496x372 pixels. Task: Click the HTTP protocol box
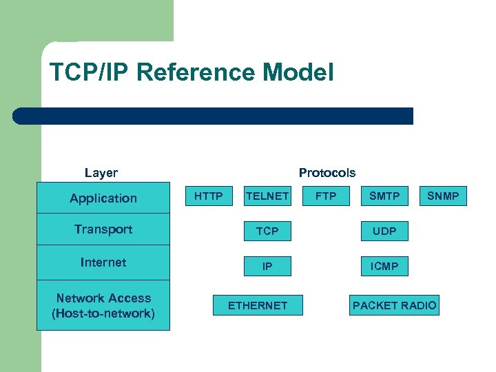pyautogui.click(x=208, y=196)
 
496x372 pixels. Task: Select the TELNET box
pyautogui.click(x=267, y=196)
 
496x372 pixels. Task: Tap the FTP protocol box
pyautogui.click(x=326, y=196)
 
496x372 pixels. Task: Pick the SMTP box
pyautogui.click(x=384, y=196)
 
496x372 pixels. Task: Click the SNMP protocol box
pyautogui.click(x=443, y=196)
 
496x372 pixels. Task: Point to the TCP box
pyautogui.click(x=267, y=231)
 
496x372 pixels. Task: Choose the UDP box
pyautogui.click(x=384, y=231)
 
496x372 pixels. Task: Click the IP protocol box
pyautogui.click(x=267, y=266)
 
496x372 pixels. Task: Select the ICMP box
pyautogui.click(x=384, y=266)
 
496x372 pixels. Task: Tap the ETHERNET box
pyautogui.click(x=258, y=305)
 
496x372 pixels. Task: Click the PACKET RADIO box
pyautogui.click(x=394, y=305)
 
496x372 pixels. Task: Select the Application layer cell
pyautogui.click(x=103, y=198)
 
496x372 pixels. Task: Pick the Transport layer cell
pyautogui.click(x=103, y=229)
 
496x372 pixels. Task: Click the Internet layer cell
pyautogui.click(x=103, y=262)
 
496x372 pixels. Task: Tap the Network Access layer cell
pyautogui.click(x=103, y=306)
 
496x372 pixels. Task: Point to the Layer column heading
pyautogui.click(x=101, y=173)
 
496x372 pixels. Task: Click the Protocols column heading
pyautogui.click(x=327, y=173)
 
